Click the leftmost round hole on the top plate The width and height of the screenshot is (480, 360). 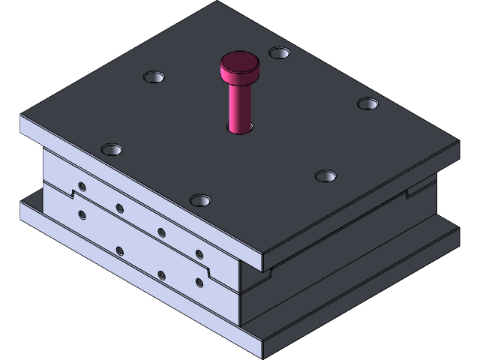[111, 149]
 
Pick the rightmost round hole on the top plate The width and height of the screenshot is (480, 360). [367, 103]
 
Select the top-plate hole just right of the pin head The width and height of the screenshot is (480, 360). [279, 53]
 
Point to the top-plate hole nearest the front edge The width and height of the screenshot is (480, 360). [200, 200]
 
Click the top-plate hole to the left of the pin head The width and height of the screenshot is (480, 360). [154, 77]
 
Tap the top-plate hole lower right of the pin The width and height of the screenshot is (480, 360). [325, 176]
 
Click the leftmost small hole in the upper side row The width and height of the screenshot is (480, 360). [82, 186]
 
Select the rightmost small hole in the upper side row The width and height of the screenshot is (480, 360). [199, 253]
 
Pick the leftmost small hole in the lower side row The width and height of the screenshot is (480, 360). [82, 216]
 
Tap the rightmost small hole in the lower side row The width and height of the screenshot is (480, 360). [199, 283]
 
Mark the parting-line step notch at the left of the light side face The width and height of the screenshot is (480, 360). [73, 195]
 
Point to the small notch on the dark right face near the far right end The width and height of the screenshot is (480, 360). [408, 193]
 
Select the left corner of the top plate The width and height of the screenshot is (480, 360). [21, 120]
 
